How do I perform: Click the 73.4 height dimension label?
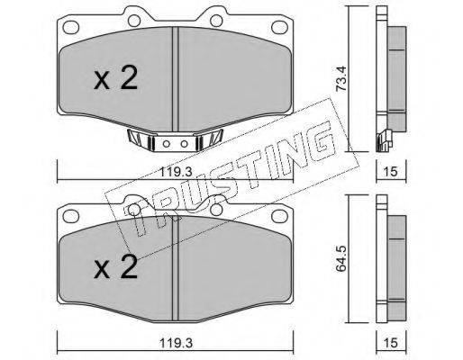pos(341,78)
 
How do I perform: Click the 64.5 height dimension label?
pos(341,258)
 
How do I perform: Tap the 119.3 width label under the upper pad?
pos(176,172)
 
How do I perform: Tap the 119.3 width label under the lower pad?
pos(176,343)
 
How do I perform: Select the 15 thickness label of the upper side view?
pos(391,172)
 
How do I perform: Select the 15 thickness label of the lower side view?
pos(391,343)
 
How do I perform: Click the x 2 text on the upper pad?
pos(115,78)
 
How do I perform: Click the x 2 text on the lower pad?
pos(115,267)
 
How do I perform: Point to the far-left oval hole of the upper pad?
pos(71,27)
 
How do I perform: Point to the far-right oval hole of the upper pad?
pos(280,27)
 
